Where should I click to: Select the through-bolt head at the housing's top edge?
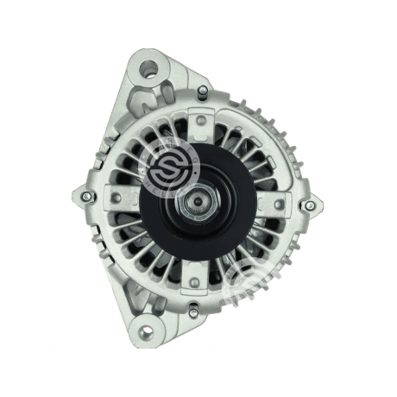point(202,91)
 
